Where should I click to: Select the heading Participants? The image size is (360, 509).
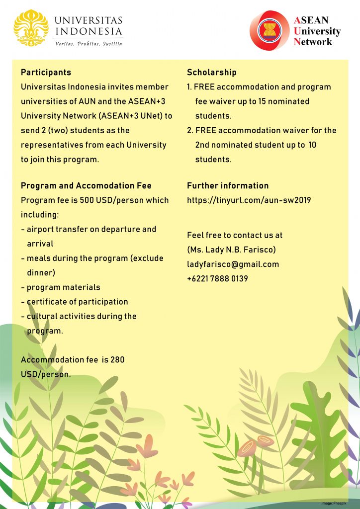46,73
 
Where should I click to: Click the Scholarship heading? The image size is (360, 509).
211,73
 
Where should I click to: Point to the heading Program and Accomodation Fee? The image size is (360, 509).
86,186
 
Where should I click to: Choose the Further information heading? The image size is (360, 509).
228,186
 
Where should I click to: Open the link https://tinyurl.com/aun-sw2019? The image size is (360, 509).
249,200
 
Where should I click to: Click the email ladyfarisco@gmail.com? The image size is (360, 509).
233,264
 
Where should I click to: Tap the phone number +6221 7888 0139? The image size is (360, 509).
217,279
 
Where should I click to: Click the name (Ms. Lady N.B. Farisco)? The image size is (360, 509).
231,250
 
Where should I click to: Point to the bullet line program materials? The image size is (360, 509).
63,287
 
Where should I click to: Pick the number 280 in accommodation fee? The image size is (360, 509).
117,360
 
